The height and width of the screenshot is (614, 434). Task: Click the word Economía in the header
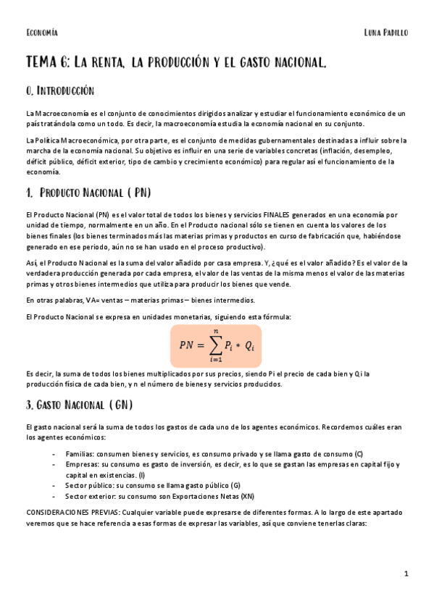41,33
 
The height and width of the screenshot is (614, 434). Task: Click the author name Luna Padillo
386,33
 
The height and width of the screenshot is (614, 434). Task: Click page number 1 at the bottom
406,574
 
